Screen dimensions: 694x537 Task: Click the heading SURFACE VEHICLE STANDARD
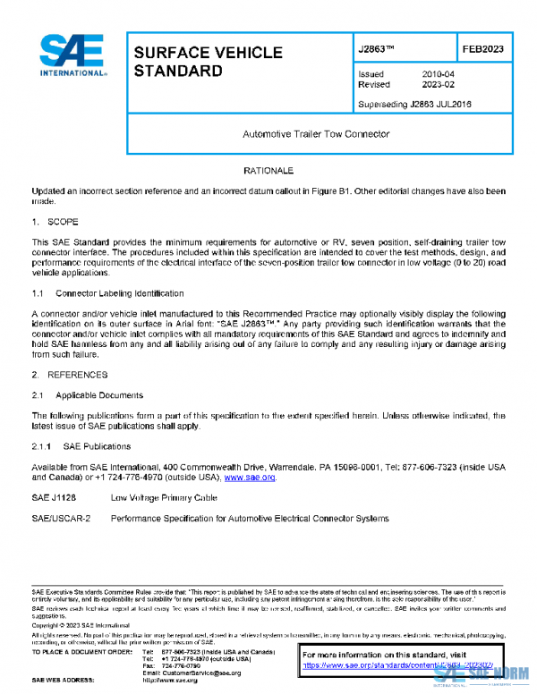(208, 62)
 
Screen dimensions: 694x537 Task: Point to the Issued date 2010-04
(438, 73)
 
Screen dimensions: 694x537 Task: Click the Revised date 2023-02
(438, 85)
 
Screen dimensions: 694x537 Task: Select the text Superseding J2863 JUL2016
(414, 104)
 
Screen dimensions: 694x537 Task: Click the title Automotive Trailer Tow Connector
(316, 134)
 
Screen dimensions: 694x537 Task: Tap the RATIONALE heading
(268, 170)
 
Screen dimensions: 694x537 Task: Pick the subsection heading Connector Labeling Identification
(120, 293)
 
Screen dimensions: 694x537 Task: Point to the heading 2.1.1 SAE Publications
(81, 445)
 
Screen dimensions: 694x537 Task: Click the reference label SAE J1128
(54, 497)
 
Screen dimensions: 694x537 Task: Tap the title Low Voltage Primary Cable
(164, 497)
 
